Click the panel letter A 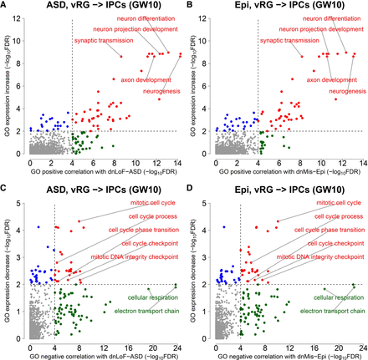[4, 5]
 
